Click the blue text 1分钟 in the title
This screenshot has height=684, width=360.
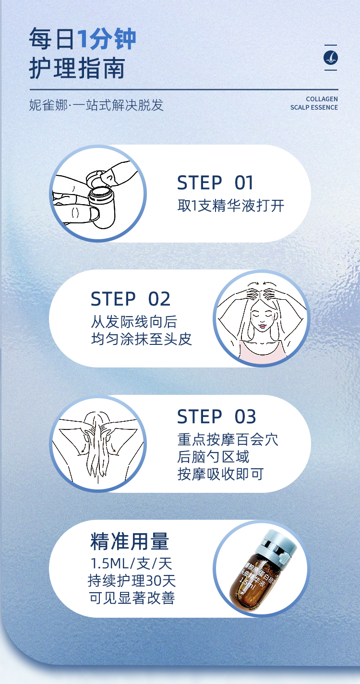pyautogui.click(x=107, y=39)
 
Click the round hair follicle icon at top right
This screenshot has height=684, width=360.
pyautogui.click(x=331, y=58)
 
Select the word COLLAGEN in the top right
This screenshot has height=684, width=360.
pyautogui.click(x=322, y=99)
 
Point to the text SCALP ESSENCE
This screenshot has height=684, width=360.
pyautogui.click(x=314, y=108)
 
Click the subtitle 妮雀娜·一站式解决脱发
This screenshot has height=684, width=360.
pyautogui.click(x=96, y=105)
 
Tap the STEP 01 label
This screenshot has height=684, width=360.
pyautogui.click(x=215, y=183)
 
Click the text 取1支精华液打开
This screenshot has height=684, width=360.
pyautogui.click(x=231, y=206)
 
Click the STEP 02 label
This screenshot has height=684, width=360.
pyautogui.click(x=131, y=299)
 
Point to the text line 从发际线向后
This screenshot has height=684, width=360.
pyautogui.click(x=134, y=321)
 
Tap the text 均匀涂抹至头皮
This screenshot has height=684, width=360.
pyautogui.click(x=142, y=339)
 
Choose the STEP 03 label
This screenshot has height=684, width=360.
pyautogui.click(x=216, y=417)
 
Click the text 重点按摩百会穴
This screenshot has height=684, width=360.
pyautogui.click(x=228, y=440)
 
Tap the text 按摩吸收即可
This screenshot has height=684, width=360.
pyautogui.click(x=220, y=474)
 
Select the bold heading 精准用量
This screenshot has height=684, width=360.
pyautogui.click(x=130, y=542)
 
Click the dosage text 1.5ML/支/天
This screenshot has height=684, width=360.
pyautogui.click(x=131, y=563)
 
